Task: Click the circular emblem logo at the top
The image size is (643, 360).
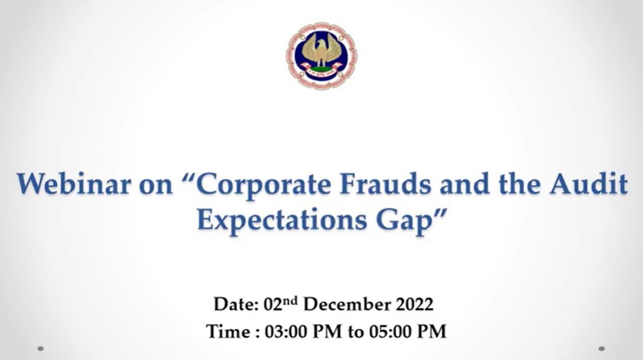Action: [x=322, y=56]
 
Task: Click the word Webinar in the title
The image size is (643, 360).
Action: [x=74, y=184]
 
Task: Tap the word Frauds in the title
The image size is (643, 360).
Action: [x=385, y=184]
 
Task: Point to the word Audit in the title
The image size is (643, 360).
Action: [x=589, y=184]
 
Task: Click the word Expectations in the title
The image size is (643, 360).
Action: [x=282, y=221]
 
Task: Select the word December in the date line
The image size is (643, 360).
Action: [x=347, y=305]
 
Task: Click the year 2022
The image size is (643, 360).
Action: [x=414, y=305]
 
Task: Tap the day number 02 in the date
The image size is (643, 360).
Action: [x=273, y=305]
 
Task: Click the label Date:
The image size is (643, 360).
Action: [x=236, y=305]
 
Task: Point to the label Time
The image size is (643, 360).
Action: [x=229, y=331]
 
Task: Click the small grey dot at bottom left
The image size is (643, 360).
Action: [x=40, y=349]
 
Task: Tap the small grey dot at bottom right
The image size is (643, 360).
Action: [x=602, y=349]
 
